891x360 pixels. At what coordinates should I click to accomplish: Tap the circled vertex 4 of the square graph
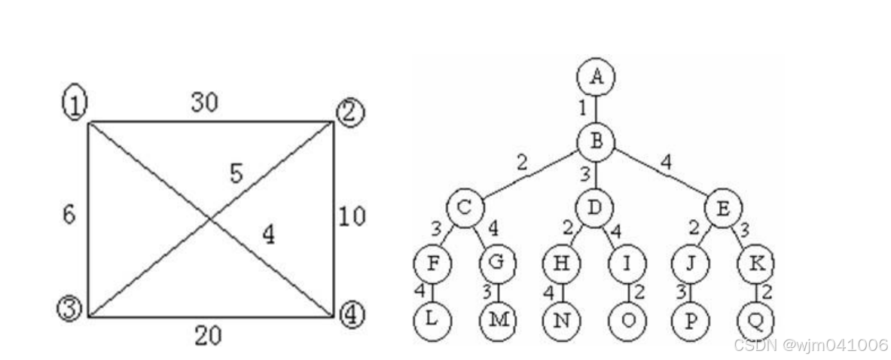[349, 313]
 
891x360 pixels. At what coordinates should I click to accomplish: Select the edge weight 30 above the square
[204, 103]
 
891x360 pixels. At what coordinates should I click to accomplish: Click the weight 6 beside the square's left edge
[69, 215]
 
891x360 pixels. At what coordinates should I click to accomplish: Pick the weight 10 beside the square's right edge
[352, 217]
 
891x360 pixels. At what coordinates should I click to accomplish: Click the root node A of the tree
[597, 76]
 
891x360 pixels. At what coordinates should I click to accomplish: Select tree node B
[597, 140]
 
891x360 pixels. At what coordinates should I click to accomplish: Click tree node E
[724, 207]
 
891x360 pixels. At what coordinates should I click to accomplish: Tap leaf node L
[432, 319]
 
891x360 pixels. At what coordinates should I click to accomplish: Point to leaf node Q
[756, 319]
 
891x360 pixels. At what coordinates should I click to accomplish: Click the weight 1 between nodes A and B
[583, 108]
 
